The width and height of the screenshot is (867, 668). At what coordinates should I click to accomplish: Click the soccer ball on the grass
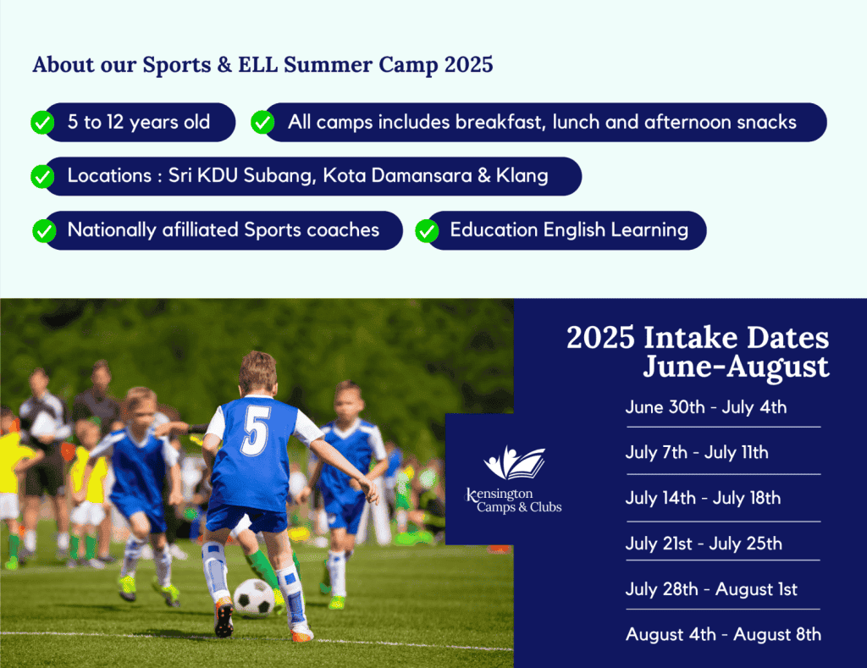(254, 597)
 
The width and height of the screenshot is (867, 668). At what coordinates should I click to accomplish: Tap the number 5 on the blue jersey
(256, 431)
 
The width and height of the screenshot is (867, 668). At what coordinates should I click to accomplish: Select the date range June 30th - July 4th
(706, 407)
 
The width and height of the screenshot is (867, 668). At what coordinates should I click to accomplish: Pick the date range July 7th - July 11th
(697, 453)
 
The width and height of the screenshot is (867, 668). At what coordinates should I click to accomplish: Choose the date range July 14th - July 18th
(703, 498)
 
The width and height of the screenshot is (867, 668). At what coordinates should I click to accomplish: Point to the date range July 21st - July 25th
(704, 544)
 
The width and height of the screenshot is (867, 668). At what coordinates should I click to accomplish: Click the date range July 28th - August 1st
(711, 589)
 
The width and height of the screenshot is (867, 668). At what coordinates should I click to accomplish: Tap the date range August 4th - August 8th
(723, 635)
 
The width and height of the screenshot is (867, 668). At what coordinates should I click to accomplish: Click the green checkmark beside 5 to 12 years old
(42, 122)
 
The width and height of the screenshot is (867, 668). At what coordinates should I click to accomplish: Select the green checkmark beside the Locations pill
(42, 176)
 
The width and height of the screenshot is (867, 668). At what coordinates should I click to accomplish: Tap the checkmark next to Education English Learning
(427, 230)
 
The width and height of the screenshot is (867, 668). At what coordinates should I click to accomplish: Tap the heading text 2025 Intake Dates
(698, 337)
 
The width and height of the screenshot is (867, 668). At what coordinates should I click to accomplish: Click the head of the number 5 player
(257, 373)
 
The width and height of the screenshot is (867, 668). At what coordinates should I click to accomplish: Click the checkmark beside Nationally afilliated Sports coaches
(44, 230)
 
